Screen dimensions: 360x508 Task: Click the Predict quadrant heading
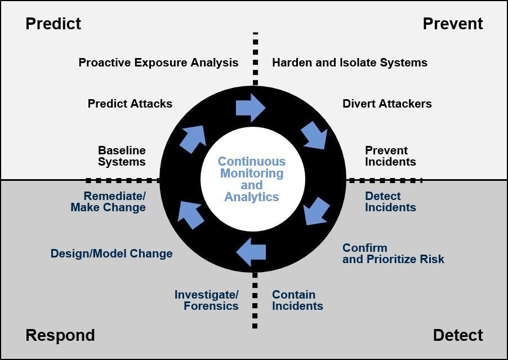[54, 24]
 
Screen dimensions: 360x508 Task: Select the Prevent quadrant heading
[453, 24]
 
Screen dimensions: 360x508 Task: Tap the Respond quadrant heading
[60, 335]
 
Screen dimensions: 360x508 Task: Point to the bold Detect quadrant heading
[458, 335]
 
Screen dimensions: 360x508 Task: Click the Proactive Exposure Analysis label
[158, 63]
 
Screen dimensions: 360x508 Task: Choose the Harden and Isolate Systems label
[349, 63]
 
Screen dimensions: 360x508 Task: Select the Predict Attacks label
[130, 104]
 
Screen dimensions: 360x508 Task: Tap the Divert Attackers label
[387, 104]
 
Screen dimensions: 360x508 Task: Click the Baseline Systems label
[122, 156]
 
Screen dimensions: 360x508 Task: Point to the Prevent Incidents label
[390, 156]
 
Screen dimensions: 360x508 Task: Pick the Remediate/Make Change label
[109, 202]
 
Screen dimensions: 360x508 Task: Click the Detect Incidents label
[390, 202]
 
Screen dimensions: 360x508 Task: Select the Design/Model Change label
[112, 254]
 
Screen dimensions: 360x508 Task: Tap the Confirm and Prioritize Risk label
[393, 254]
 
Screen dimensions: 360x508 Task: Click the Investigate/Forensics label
[207, 300]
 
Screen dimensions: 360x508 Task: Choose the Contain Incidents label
[297, 300]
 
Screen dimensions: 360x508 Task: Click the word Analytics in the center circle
[252, 197]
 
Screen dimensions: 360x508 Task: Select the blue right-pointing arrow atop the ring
[251, 107]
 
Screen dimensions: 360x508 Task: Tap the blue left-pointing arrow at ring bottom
[251, 251]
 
